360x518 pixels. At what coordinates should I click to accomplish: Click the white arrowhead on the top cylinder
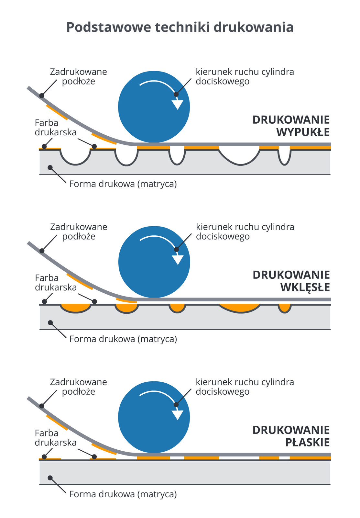177,105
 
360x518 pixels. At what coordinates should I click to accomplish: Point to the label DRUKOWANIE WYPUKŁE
291,126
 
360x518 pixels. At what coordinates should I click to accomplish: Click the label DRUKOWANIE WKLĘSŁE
291,281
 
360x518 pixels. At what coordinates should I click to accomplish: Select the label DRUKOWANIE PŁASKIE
291,436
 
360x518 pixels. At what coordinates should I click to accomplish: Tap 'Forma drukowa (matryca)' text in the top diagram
123,184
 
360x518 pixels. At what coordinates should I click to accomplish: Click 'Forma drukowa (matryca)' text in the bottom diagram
123,494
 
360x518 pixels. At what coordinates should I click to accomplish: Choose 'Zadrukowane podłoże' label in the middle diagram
79,231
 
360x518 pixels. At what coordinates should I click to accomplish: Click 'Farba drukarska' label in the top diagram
56,128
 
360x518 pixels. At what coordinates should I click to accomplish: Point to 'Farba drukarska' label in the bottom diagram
56,438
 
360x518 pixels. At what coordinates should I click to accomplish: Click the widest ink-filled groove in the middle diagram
240,308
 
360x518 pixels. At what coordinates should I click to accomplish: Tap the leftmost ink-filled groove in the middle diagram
76,308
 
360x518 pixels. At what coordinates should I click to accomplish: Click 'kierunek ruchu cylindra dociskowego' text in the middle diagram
245,231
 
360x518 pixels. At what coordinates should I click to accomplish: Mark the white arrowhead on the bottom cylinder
177,415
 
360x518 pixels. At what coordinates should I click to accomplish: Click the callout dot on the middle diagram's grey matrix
50,322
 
